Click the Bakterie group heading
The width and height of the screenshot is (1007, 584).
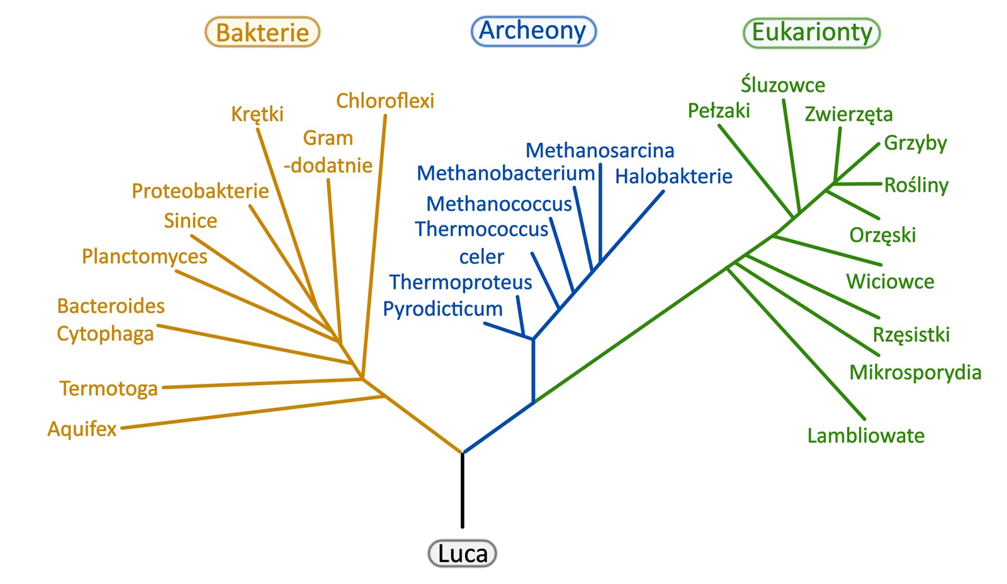point(262,32)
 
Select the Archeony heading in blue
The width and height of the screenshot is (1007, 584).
point(533,31)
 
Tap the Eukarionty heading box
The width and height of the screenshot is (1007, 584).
point(812,32)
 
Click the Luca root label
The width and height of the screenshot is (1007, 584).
point(463,554)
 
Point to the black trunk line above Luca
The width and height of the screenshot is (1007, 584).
point(463,491)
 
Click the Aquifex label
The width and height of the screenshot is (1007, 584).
point(82,429)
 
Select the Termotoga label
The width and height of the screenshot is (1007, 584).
point(108,389)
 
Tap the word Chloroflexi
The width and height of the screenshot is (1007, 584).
point(385,101)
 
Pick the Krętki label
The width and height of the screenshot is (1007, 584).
point(257,114)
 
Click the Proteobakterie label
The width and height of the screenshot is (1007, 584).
point(200,191)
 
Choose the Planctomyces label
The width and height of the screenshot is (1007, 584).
point(145,257)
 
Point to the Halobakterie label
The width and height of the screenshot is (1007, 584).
point(673,176)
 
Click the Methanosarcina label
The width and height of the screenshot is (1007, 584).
point(600,150)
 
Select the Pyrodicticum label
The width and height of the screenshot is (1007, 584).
point(443,309)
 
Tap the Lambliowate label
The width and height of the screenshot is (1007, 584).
point(866,435)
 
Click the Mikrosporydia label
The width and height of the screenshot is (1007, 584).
point(915,373)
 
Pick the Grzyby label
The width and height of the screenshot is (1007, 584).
point(915,143)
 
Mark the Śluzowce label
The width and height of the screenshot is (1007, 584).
point(783,85)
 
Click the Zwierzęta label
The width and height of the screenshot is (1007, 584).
point(848,114)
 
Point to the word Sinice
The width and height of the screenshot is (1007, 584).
point(191,221)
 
